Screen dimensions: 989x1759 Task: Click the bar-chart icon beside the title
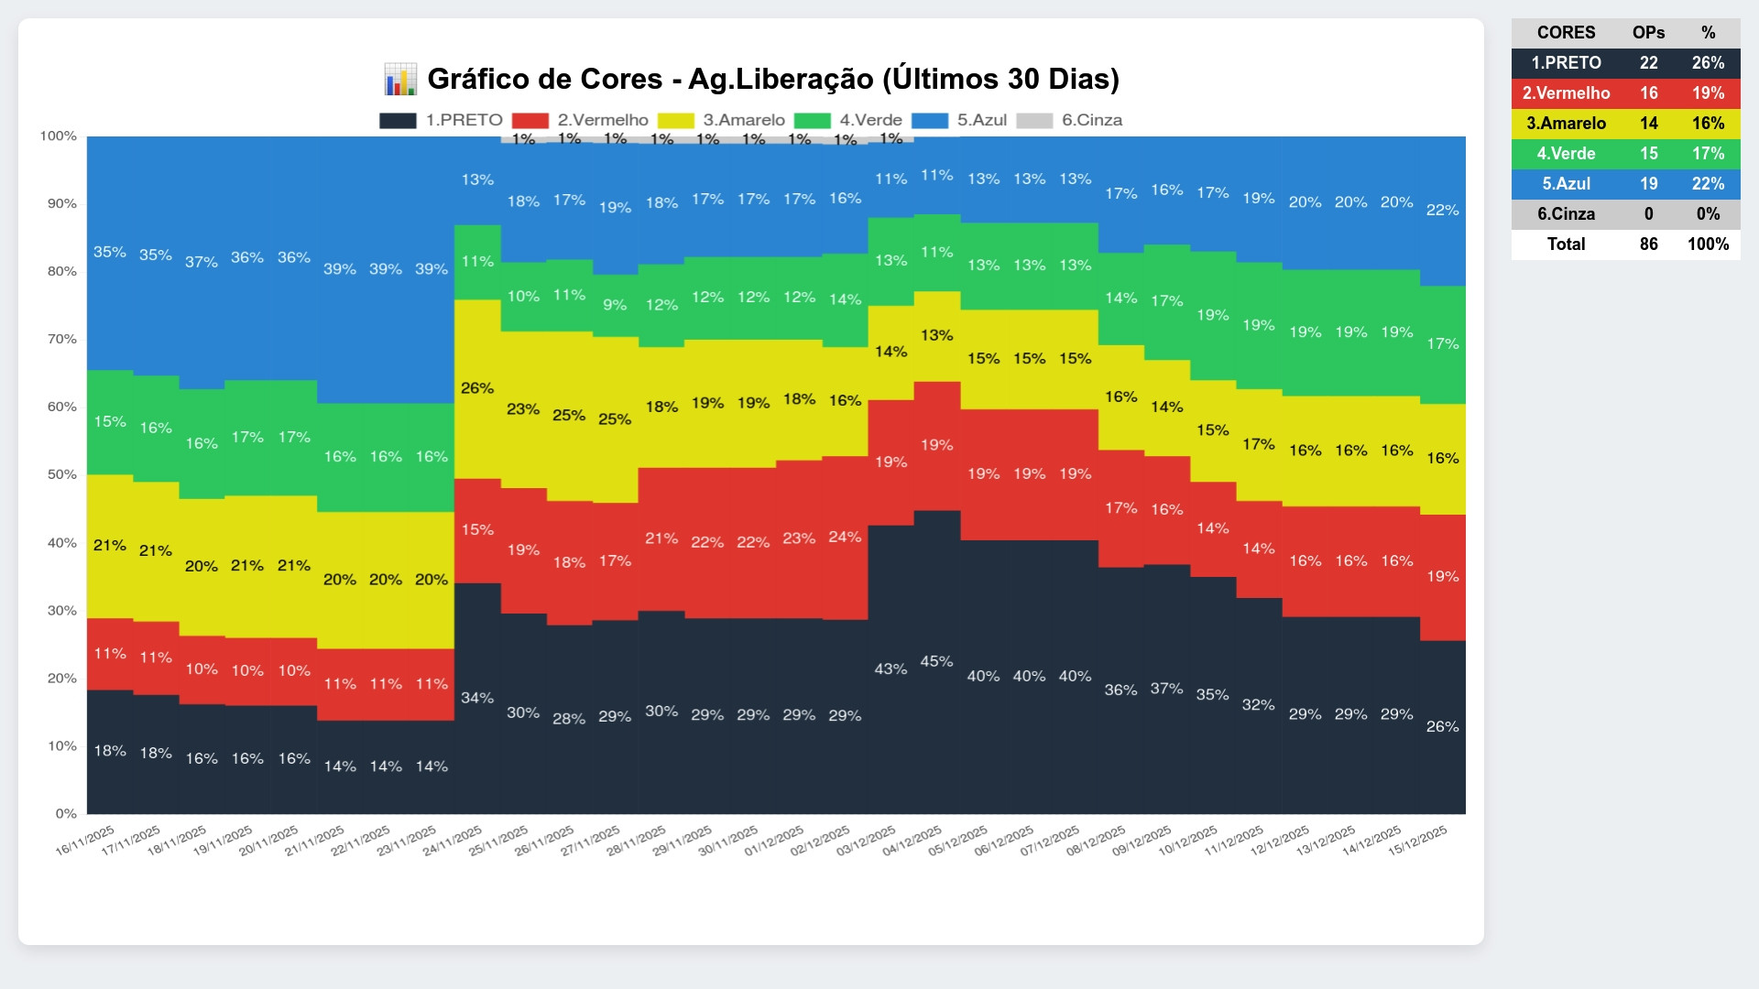pyautogui.click(x=400, y=80)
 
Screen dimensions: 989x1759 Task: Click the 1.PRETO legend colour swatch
pyautogui.click(x=398, y=121)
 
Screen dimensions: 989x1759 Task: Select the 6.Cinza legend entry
pyautogui.click(x=1091, y=121)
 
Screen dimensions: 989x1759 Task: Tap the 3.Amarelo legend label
pyautogui.click(x=743, y=121)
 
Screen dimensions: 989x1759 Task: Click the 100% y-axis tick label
pyautogui.click(x=59, y=136)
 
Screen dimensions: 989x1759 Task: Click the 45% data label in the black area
pyautogui.click(x=936, y=661)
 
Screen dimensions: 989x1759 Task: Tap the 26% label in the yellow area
pyautogui.click(x=477, y=388)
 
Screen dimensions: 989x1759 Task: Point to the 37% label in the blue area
pyautogui.click(x=202, y=262)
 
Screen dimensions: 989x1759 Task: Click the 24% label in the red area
pyautogui.click(x=845, y=538)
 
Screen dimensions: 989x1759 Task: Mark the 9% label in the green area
pyautogui.click(x=615, y=305)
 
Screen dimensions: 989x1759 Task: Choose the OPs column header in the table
pyautogui.click(x=1648, y=33)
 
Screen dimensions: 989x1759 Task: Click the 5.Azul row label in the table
pyautogui.click(x=1566, y=184)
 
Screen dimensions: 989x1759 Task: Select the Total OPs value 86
pyautogui.click(x=1648, y=245)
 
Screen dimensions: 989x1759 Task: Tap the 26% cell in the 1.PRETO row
pyautogui.click(x=1708, y=63)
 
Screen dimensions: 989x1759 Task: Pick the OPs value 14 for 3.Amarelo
pyautogui.click(x=1648, y=124)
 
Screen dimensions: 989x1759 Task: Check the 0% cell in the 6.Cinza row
pyautogui.click(x=1708, y=214)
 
